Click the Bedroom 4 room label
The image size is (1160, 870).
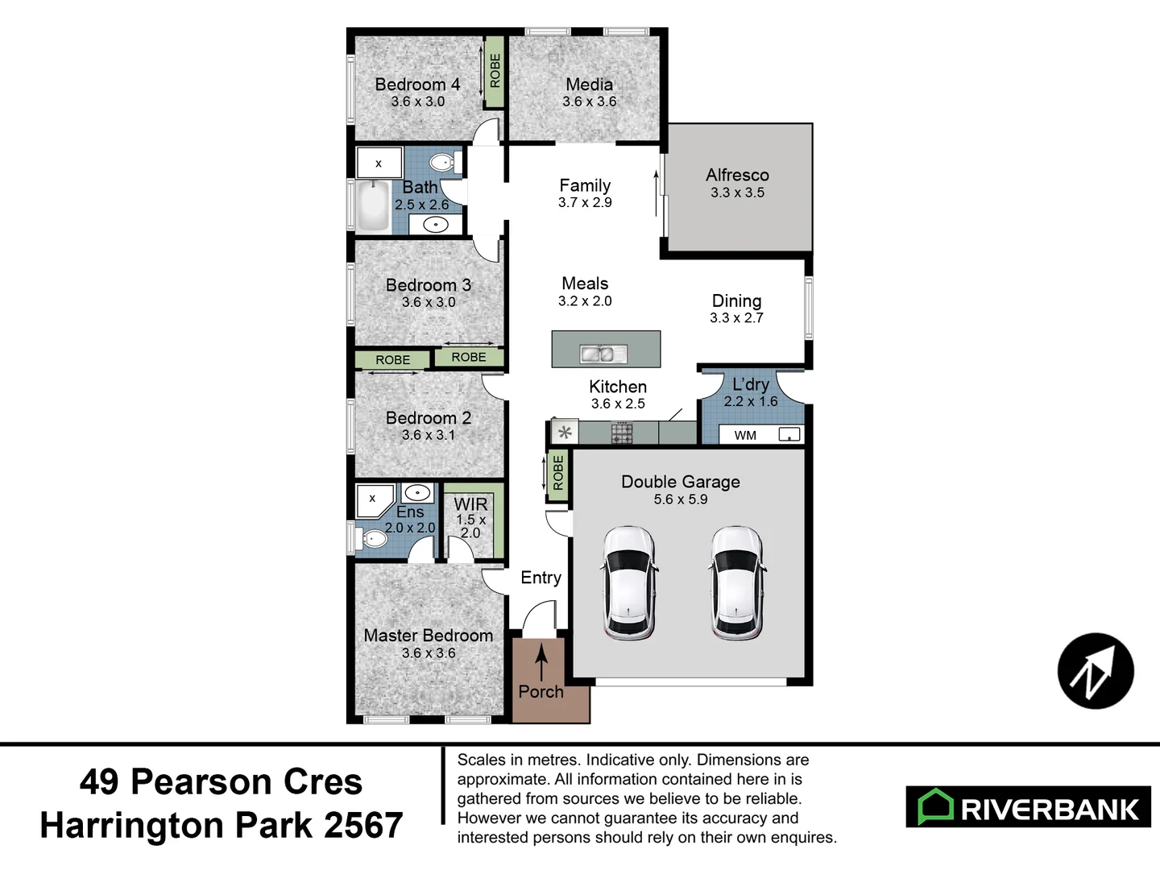[x=417, y=85]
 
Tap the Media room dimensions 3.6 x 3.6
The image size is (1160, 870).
[x=589, y=101]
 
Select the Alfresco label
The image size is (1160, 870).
[x=737, y=175]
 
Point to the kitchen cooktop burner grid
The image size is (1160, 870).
[x=622, y=433]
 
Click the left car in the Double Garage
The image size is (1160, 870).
[x=628, y=582]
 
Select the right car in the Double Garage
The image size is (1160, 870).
[x=736, y=582]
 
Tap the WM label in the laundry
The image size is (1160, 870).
[x=745, y=436]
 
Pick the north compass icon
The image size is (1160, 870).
[x=1096, y=671]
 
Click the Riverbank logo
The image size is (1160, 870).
[x=1028, y=807]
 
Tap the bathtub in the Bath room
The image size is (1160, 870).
[x=373, y=206]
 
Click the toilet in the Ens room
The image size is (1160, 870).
[x=372, y=537]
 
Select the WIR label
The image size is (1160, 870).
[x=470, y=504]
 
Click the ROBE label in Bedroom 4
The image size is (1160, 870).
[x=495, y=71]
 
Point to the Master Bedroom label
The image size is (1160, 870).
[x=428, y=636]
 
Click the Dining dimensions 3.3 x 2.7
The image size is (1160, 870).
[x=736, y=318]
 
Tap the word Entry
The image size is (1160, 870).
[x=541, y=578]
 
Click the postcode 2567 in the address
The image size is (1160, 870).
[x=363, y=826]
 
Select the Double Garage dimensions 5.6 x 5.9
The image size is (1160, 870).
[x=681, y=499]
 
